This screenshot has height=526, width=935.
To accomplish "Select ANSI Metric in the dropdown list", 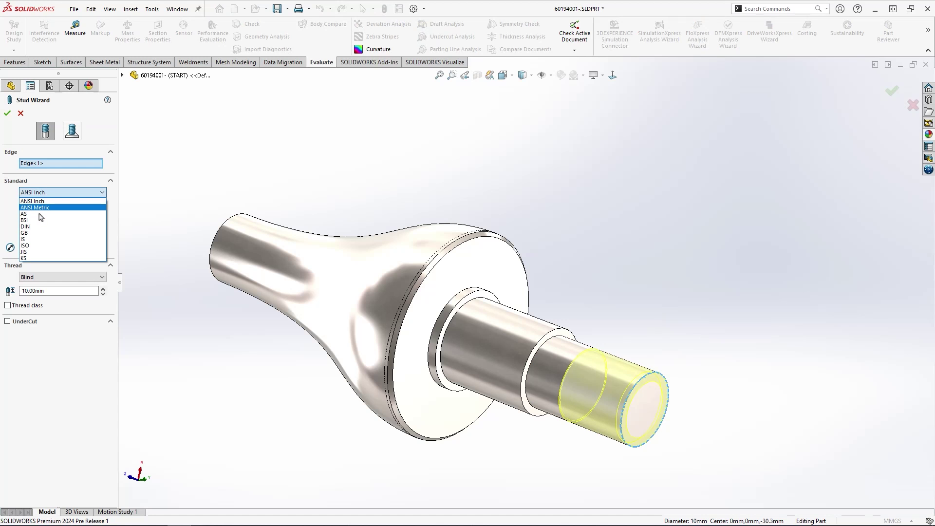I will (x=35, y=207).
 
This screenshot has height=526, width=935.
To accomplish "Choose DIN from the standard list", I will (x=25, y=226).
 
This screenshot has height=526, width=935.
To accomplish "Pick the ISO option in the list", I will (x=25, y=245).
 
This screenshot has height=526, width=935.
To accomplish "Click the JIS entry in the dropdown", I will (x=24, y=252).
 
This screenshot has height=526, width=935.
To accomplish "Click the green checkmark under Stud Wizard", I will (x=7, y=113).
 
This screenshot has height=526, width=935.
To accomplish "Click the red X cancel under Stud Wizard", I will (x=20, y=113).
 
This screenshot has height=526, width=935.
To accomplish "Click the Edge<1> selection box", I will (x=61, y=164).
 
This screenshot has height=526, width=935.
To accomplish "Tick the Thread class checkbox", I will (x=8, y=305).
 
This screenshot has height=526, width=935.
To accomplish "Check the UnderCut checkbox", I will (x=8, y=321).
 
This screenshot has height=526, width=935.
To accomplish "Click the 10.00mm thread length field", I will (x=58, y=291).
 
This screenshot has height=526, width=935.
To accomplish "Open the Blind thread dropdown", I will (x=62, y=277).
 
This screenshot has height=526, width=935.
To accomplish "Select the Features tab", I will (x=15, y=62).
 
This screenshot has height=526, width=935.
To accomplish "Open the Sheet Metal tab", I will (x=104, y=62).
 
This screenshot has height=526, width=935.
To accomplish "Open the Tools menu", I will (x=151, y=9).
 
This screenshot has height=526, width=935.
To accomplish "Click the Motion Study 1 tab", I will (x=117, y=512).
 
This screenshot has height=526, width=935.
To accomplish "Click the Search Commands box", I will (x=778, y=9).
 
